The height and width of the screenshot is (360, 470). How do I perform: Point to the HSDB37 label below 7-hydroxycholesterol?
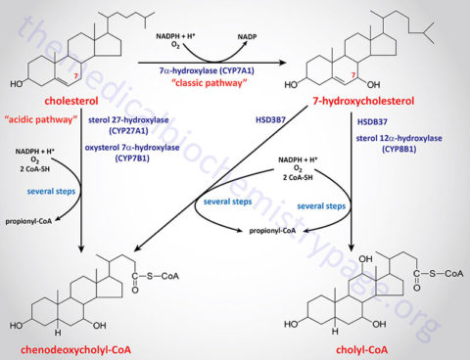point(369,123)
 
